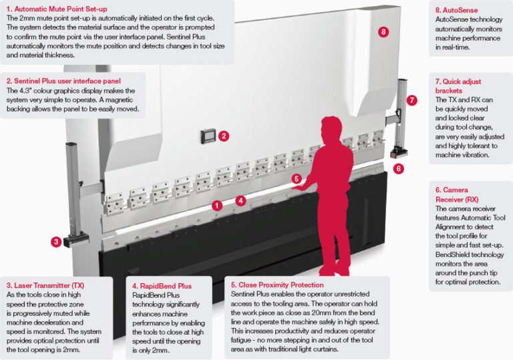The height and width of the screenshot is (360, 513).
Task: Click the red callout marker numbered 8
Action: [x=383, y=31]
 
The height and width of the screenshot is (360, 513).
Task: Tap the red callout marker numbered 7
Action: [x=412, y=100]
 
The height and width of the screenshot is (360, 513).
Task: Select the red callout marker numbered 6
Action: [x=399, y=168]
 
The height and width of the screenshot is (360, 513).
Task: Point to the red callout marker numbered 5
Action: [x=297, y=178]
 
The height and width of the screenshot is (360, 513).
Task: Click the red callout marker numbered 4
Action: [x=240, y=200]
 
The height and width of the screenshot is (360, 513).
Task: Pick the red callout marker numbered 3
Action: [x=57, y=242]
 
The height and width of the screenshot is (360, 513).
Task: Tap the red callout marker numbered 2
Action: [x=224, y=136]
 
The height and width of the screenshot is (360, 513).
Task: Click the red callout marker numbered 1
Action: [x=216, y=206]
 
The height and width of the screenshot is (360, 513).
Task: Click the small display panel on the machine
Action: [x=208, y=136]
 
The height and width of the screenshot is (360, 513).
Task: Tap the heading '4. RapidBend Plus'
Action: [x=162, y=286]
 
